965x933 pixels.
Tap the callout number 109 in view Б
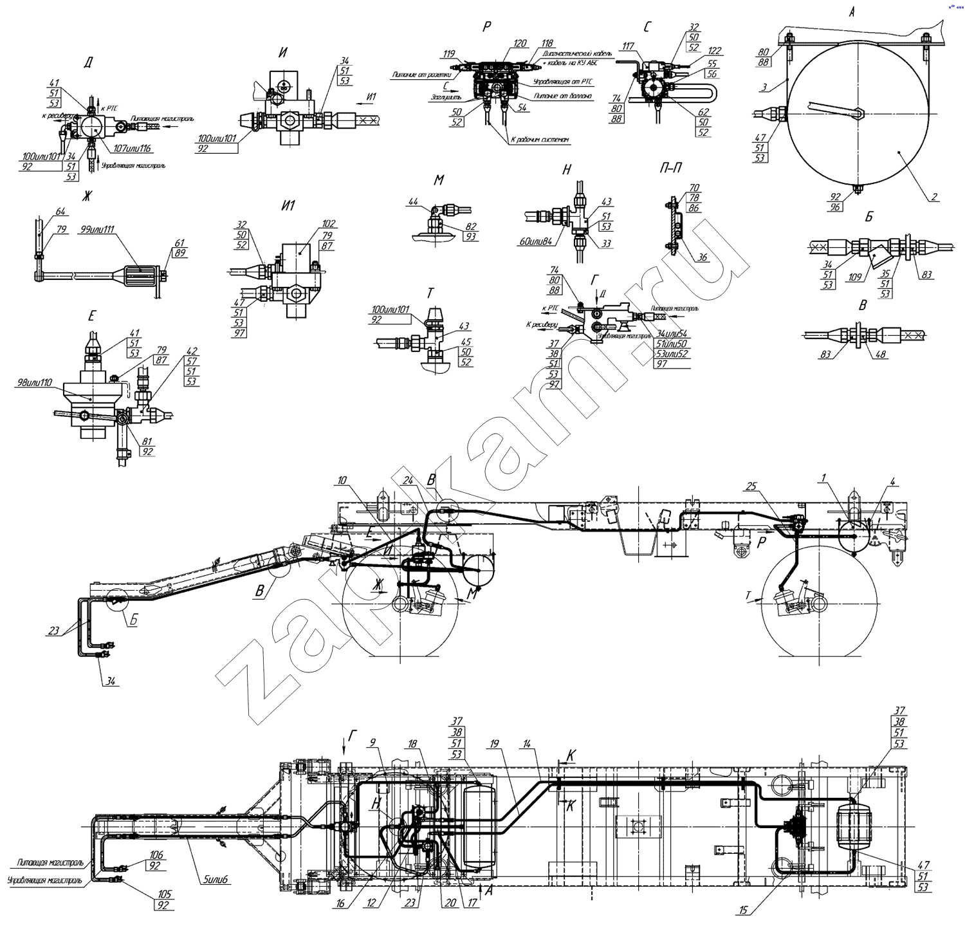tap(855, 277)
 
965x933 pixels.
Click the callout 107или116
tap(131, 149)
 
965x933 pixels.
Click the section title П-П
tap(670, 169)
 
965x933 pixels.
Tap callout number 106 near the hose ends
tap(156, 855)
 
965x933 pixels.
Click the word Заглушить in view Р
tap(446, 97)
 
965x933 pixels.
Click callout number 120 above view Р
tap(520, 44)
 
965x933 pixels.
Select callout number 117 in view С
tap(628, 46)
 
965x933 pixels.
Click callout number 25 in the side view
tap(751, 486)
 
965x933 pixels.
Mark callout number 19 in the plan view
tap(494, 744)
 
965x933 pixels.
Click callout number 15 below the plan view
tap(744, 910)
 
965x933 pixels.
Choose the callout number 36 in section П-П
tap(703, 257)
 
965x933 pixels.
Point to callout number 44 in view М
tap(414, 202)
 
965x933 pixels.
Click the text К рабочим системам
tap(539, 139)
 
